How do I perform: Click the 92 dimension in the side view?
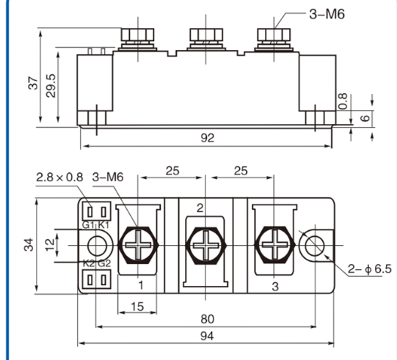click(207, 138)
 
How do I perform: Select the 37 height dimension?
click(33, 82)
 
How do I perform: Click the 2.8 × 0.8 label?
click(59, 177)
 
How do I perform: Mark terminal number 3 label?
click(275, 284)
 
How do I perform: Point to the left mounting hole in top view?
click(97, 244)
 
